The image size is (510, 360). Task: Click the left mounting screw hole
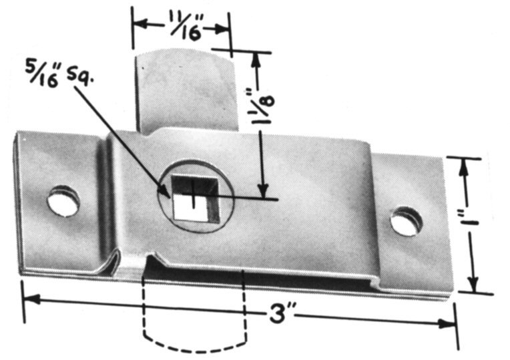(x=63, y=201)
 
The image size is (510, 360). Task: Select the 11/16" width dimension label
(x=186, y=25)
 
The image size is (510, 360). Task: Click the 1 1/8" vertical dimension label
(x=263, y=108)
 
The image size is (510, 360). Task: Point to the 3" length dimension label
(x=279, y=314)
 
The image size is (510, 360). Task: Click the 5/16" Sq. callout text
(x=59, y=75)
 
